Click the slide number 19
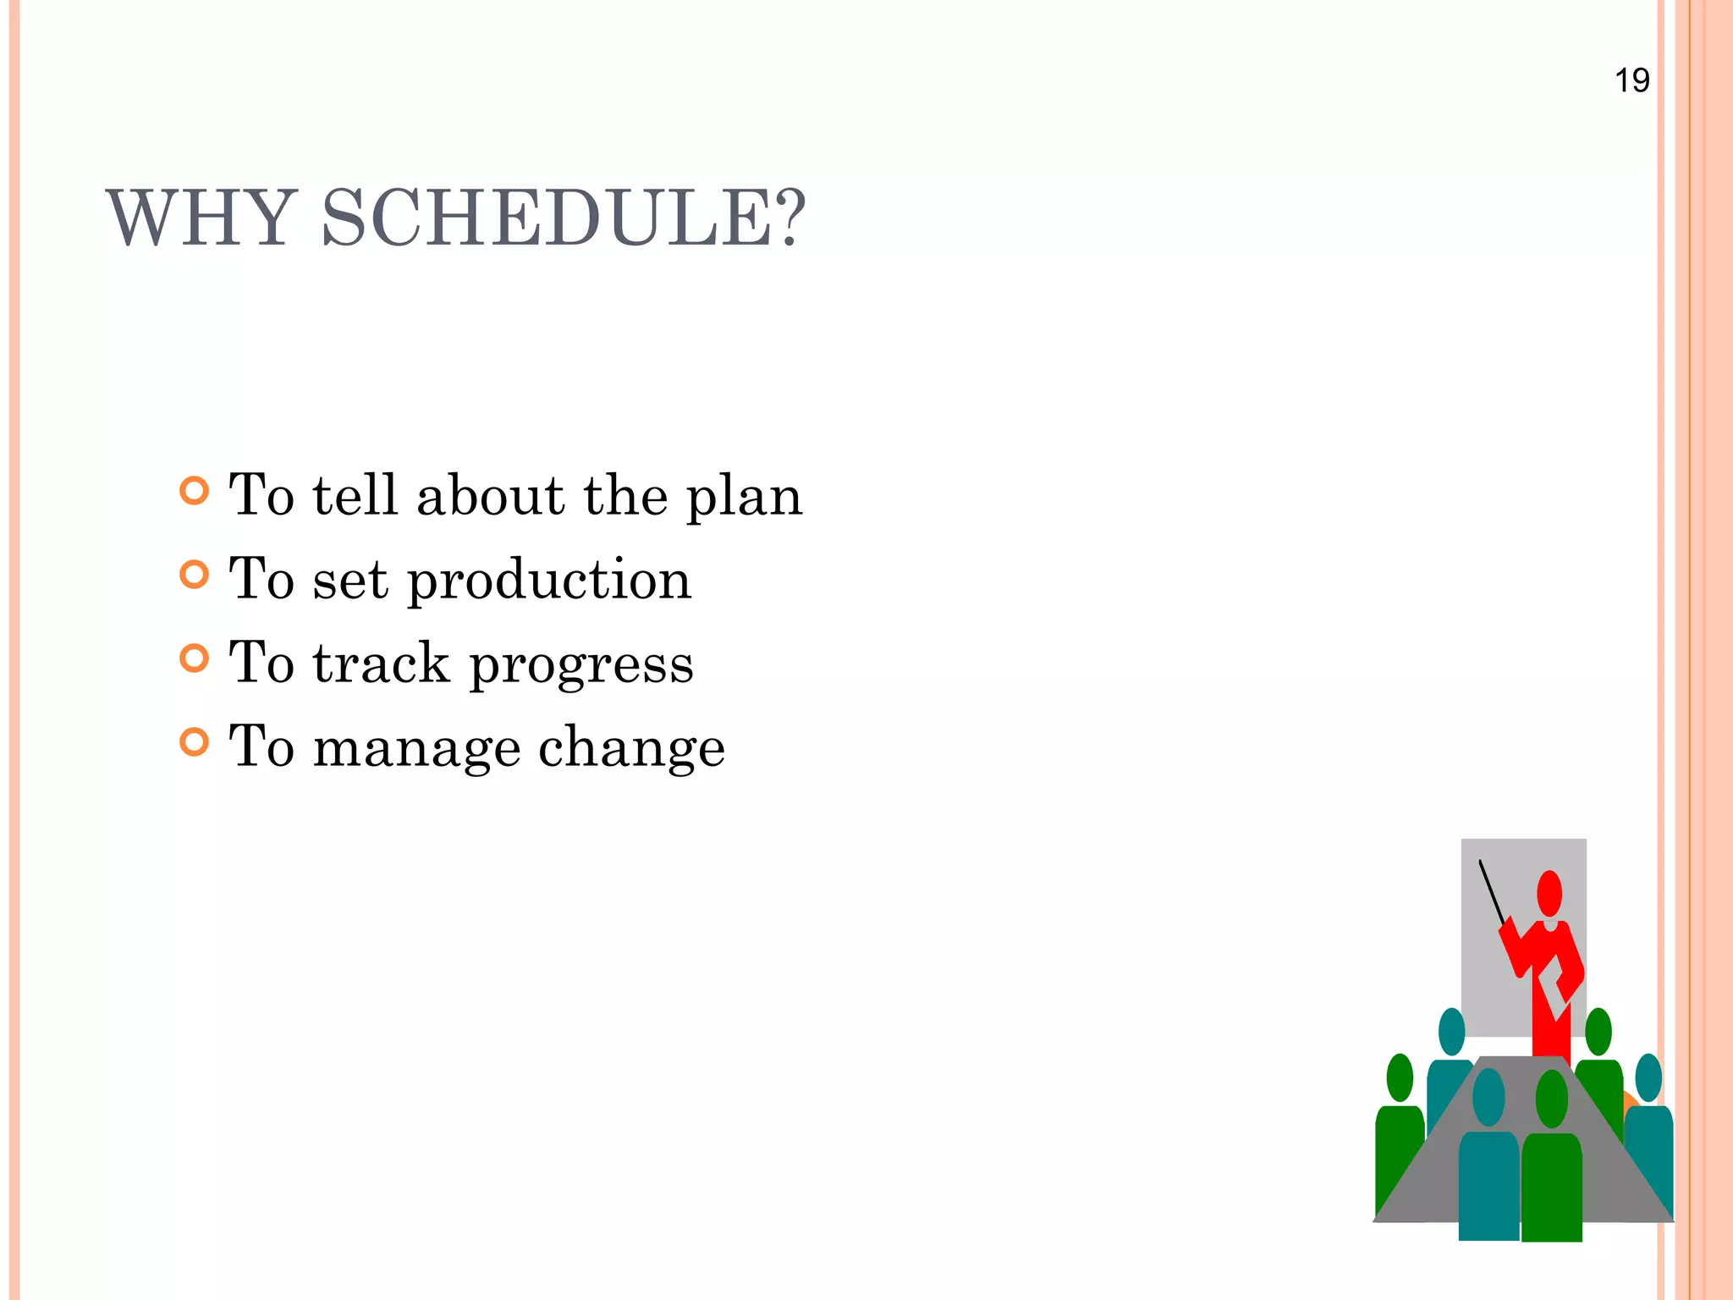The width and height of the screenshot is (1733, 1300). (x=1631, y=81)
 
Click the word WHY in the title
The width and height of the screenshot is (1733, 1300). (x=201, y=219)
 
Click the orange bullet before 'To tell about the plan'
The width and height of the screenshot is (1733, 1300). (x=195, y=491)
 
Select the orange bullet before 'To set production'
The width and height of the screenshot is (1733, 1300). (x=195, y=575)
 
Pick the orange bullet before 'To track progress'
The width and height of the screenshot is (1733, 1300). (x=195, y=658)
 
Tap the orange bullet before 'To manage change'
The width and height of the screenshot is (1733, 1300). (x=195, y=742)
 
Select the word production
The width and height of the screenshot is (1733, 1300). (x=549, y=582)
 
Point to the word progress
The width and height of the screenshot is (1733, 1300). (x=581, y=665)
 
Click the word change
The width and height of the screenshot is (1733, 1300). (x=631, y=749)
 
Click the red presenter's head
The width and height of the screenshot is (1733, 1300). (x=1549, y=893)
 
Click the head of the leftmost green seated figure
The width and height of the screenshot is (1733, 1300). (x=1400, y=1077)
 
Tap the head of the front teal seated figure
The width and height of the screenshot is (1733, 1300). (x=1488, y=1097)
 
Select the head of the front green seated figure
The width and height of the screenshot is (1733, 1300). (x=1551, y=1099)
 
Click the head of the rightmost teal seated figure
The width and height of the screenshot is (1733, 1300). (x=1648, y=1077)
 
